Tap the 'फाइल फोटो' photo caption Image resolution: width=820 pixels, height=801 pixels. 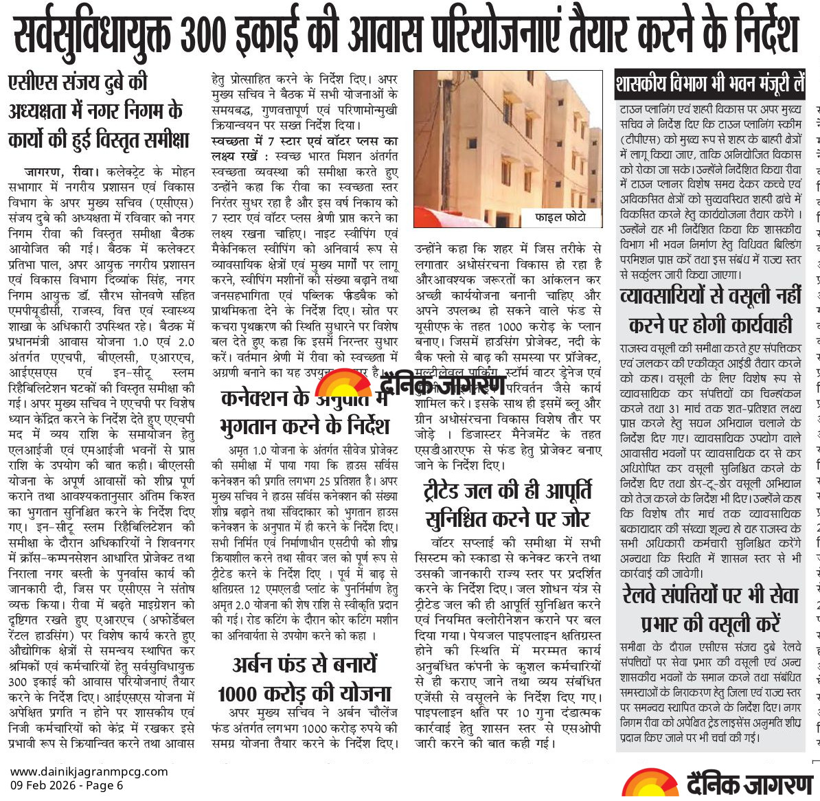tap(560, 217)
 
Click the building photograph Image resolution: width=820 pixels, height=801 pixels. tap(507, 148)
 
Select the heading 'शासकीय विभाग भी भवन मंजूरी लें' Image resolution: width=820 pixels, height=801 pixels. tap(710, 86)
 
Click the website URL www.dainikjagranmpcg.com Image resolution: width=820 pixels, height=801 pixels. tap(89, 771)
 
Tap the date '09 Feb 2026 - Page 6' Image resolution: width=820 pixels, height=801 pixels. tap(67, 785)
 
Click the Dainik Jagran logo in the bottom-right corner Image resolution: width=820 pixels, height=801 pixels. tap(718, 783)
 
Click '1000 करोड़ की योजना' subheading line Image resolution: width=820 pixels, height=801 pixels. tap(304, 694)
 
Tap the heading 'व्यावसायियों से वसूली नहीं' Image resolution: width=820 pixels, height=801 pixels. tap(710, 296)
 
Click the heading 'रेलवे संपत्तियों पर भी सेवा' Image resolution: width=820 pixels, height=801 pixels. tap(710, 595)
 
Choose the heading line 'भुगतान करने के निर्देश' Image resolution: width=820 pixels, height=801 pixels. tap(304, 426)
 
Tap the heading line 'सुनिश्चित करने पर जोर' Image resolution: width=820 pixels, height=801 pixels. tap(508, 519)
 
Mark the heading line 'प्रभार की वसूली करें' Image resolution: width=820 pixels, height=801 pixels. tap(710, 623)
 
